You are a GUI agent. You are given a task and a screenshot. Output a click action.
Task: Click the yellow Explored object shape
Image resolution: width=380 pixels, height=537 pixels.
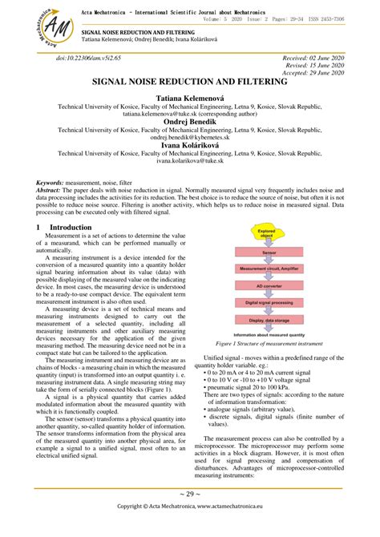pyautogui.click(x=266, y=234)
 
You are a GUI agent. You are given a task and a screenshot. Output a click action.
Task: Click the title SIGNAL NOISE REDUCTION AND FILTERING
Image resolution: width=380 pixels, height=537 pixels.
pyautogui.click(x=189, y=82)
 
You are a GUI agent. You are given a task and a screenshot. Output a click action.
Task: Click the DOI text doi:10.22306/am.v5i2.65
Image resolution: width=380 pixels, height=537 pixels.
pyautogui.click(x=88, y=59)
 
